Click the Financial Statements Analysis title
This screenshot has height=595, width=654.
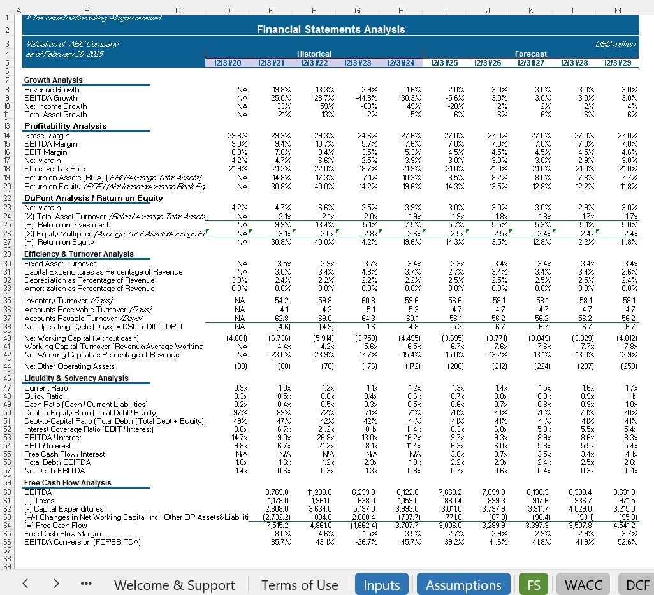click(330, 29)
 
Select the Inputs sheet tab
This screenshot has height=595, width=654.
click(381, 585)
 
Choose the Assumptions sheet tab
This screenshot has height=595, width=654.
click(463, 585)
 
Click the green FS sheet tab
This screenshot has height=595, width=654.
click(533, 585)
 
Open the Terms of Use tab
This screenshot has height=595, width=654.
click(300, 585)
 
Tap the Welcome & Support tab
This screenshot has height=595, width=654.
click(174, 585)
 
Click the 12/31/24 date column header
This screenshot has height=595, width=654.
click(400, 62)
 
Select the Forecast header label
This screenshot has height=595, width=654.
click(530, 54)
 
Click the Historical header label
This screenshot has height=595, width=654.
click(314, 54)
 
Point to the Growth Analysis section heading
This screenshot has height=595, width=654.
click(54, 80)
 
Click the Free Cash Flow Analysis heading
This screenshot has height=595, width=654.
click(67, 483)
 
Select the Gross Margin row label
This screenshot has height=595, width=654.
click(47, 136)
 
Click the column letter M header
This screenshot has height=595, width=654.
click(617, 10)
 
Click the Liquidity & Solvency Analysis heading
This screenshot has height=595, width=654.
click(76, 378)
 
